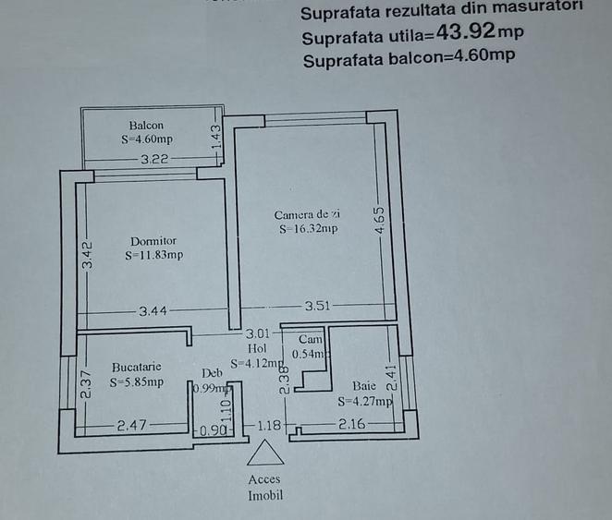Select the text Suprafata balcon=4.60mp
pyautogui.click(x=409, y=59)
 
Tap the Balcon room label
pyautogui.click(x=147, y=126)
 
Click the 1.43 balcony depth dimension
pyautogui.click(x=216, y=139)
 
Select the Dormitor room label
pyautogui.click(x=153, y=241)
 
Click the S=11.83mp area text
pyautogui.click(x=153, y=256)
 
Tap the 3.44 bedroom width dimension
pyautogui.click(x=154, y=312)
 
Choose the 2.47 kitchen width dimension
pyautogui.click(x=133, y=426)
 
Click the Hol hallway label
pyautogui.click(x=257, y=348)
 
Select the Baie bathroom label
pyautogui.click(x=363, y=385)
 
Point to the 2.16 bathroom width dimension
pyautogui.click(x=352, y=425)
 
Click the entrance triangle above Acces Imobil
pyautogui.click(x=265, y=455)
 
